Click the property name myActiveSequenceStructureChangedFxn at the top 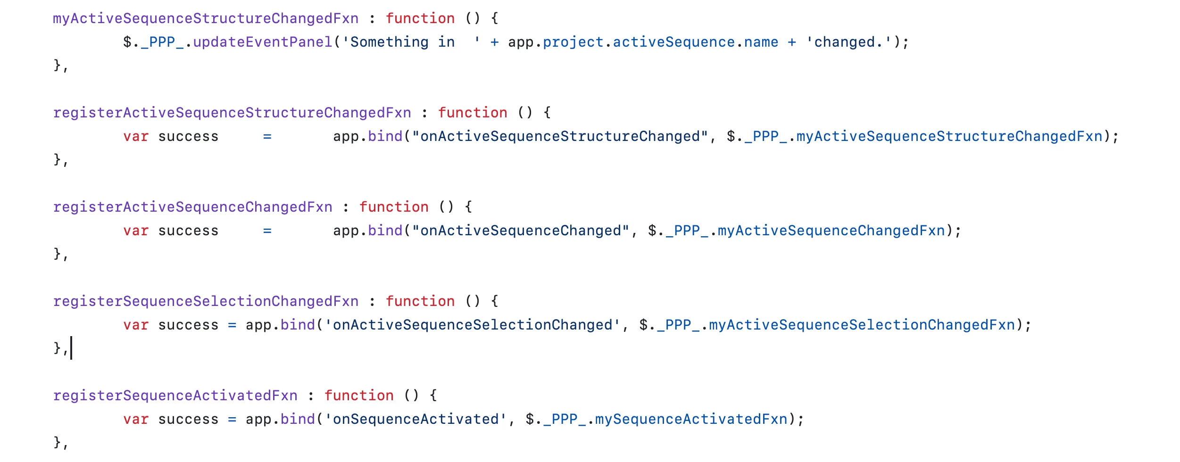point(206,18)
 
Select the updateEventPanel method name point(263,42)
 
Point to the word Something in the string point(390,42)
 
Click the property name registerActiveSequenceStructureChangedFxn point(232,113)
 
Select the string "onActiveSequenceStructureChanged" point(560,136)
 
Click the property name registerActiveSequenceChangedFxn point(192,207)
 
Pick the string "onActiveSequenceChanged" point(521,231)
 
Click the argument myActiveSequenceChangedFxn point(831,231)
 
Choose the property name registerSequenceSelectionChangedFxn point(206,301)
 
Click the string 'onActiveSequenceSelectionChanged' point(473,325)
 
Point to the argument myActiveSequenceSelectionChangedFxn point(862,325)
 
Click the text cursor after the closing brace point(71,348)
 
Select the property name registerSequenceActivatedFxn point(175,396)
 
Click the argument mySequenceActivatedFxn point(691,419)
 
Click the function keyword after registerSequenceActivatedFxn point(359,396)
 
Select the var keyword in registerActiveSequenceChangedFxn point(136,231)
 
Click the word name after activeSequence point(761,42)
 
